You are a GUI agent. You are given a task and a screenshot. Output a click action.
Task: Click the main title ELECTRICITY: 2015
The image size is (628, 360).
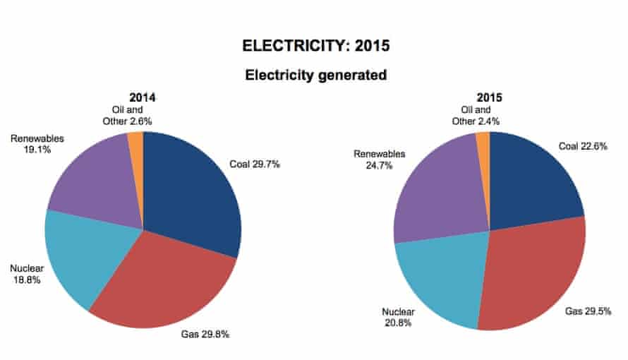(x=315, y=47)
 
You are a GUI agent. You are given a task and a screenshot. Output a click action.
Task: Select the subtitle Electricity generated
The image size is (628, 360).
(x=315, y=75)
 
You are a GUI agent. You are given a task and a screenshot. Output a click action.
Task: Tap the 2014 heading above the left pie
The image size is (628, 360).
(x=142, y=97)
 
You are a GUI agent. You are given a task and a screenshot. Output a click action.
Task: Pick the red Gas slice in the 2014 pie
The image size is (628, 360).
(x=169, y=282)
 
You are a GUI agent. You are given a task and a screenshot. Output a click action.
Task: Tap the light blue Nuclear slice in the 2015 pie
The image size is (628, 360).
(x=437, y=279)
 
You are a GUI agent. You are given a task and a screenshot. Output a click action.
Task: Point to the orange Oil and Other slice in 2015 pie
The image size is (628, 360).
(x=483, y=144)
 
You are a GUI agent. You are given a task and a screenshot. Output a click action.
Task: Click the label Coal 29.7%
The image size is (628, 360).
(x=255, y=164)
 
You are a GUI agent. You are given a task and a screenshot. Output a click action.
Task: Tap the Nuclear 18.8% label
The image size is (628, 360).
(x=25, y=274)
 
